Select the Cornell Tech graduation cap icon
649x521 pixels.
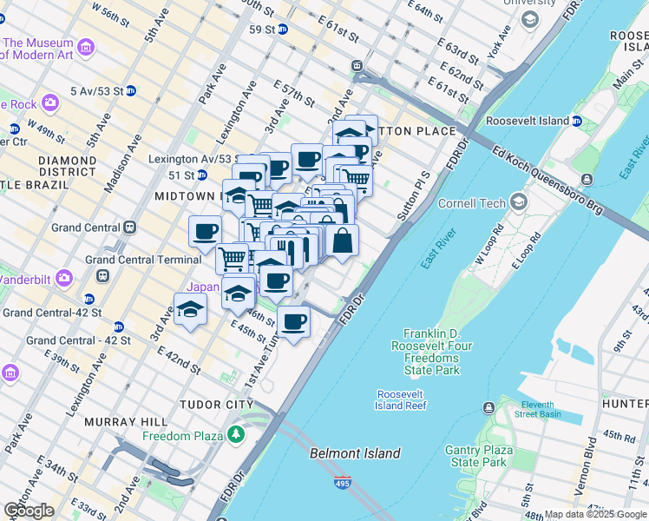coord(519,201)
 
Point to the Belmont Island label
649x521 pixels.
coord(356,453)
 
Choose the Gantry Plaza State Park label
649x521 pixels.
coord(479,456)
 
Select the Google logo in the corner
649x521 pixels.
coord(28,511)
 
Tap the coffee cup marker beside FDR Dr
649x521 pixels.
coord(293,322)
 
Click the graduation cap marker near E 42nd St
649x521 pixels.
coord(190,310)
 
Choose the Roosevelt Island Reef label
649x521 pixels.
coord(400,399)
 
